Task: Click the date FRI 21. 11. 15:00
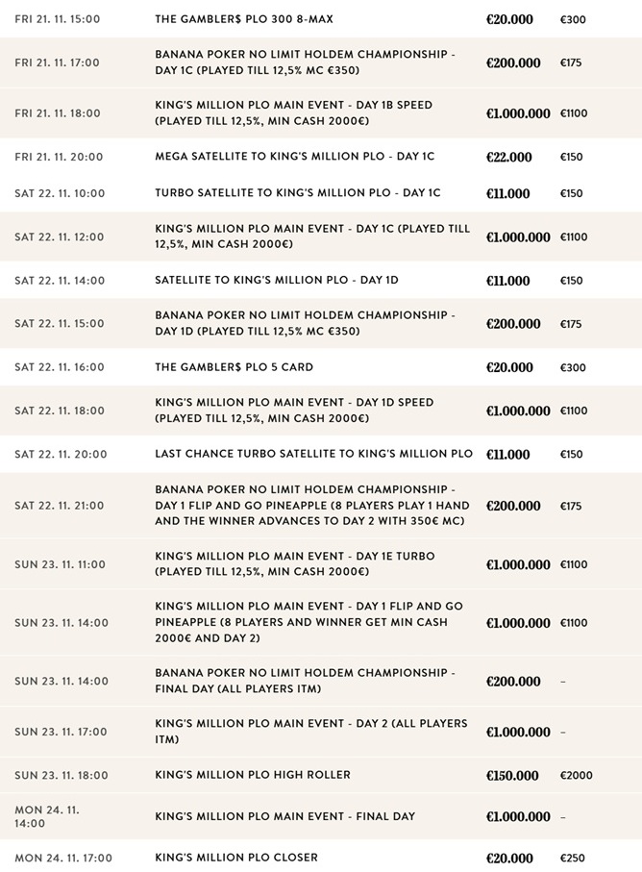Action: coord(57,19)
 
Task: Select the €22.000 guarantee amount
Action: coord(508,158)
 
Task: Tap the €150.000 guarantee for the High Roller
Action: coord(513,776)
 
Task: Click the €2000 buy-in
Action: coord(576,776)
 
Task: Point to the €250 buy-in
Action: coord(572,859)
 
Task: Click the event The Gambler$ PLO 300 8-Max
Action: coord(244,19)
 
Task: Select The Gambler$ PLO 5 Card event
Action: coord(234,367)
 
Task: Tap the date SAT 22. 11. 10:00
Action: coord(60,193)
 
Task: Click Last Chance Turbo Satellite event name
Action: coord(313,454)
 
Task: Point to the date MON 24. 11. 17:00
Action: coord(62,859)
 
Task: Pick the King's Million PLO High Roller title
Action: coord(253,776)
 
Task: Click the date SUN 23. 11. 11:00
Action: coord(61,564)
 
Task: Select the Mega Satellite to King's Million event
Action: coord(294,158)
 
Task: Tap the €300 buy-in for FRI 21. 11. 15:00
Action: coord(572,19)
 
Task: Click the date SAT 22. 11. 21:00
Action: coord(60,506)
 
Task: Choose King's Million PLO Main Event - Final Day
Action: coord(284,817)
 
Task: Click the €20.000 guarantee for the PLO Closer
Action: coord(509,859)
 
